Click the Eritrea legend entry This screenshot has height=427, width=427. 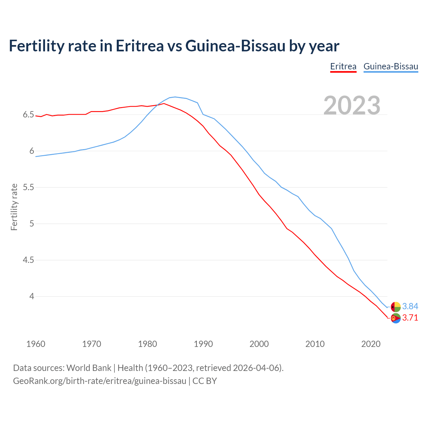coord(343,66)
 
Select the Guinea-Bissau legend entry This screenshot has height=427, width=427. coord(391,66)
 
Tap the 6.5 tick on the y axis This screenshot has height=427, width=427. coord(28,115)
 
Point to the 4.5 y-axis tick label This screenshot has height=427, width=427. coord(28,260)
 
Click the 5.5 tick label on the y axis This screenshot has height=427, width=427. coord(28,187)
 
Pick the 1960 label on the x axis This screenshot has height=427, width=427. coord(36,344)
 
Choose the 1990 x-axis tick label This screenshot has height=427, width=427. coord(203,344)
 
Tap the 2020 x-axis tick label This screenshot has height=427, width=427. coord(371,344)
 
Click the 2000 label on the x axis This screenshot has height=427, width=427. coord(259,344)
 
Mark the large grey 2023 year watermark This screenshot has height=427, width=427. coord(352,105)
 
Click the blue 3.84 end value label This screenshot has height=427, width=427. coord(410,306)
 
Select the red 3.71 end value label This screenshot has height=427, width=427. coord(410,318)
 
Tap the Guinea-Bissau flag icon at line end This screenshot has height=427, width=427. coord(396,307)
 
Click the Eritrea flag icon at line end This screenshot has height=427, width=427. coord(396,318)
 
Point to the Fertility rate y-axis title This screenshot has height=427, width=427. coord(14,207)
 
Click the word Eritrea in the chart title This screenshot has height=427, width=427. coord(139,46)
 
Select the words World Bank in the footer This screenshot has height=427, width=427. coord(89,368)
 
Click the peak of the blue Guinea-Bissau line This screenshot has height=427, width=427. coord(175,97)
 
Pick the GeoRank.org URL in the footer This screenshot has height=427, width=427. coord(99,381)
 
